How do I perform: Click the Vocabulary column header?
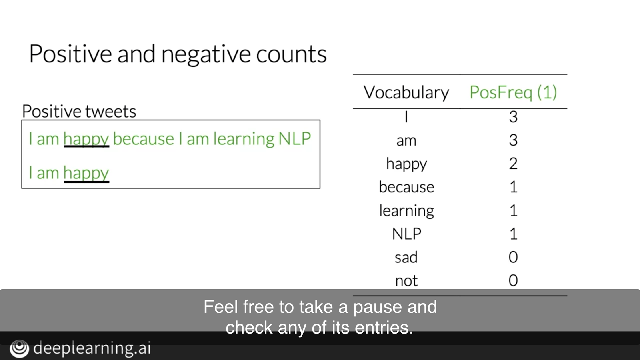pyautogui.click(x=406, y=92)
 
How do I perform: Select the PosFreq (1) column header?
pyautogui.click(x=513, y=92)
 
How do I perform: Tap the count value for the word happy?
pyautogui.click(x=513, y=164)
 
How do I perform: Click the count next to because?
pyautogui.click(x=514, y=187)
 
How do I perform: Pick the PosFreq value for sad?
pyautogui.click(x=513, y=257)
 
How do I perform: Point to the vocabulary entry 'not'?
pyautogui.click(x=406, y=281)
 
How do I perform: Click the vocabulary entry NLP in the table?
pyautogui.click(x=406, y=234)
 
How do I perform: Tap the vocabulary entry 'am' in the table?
pyautogui.click(x=406, y=141)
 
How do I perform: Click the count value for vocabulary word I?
pyautogui.click(x=513, y=117)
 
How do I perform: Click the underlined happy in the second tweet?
pyautogui.click(x=86, y=173)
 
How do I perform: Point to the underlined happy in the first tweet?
pyautogui.click(x=86, y=139)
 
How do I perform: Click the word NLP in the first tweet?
pyautogui.click(x=294, y=138)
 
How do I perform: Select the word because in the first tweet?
pyautogui.click(x=144, y=138)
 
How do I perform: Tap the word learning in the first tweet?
pyautogui.click(x=244, y=139)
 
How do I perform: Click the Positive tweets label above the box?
pyautogui.click(x=79, y=111)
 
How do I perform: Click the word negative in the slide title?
pyautogui.click(x=206, y=54)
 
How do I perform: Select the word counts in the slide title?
pyautogui.click(x=291, y=54)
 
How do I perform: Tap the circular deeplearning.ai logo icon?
pyautogui.click(x=20, y=348)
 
